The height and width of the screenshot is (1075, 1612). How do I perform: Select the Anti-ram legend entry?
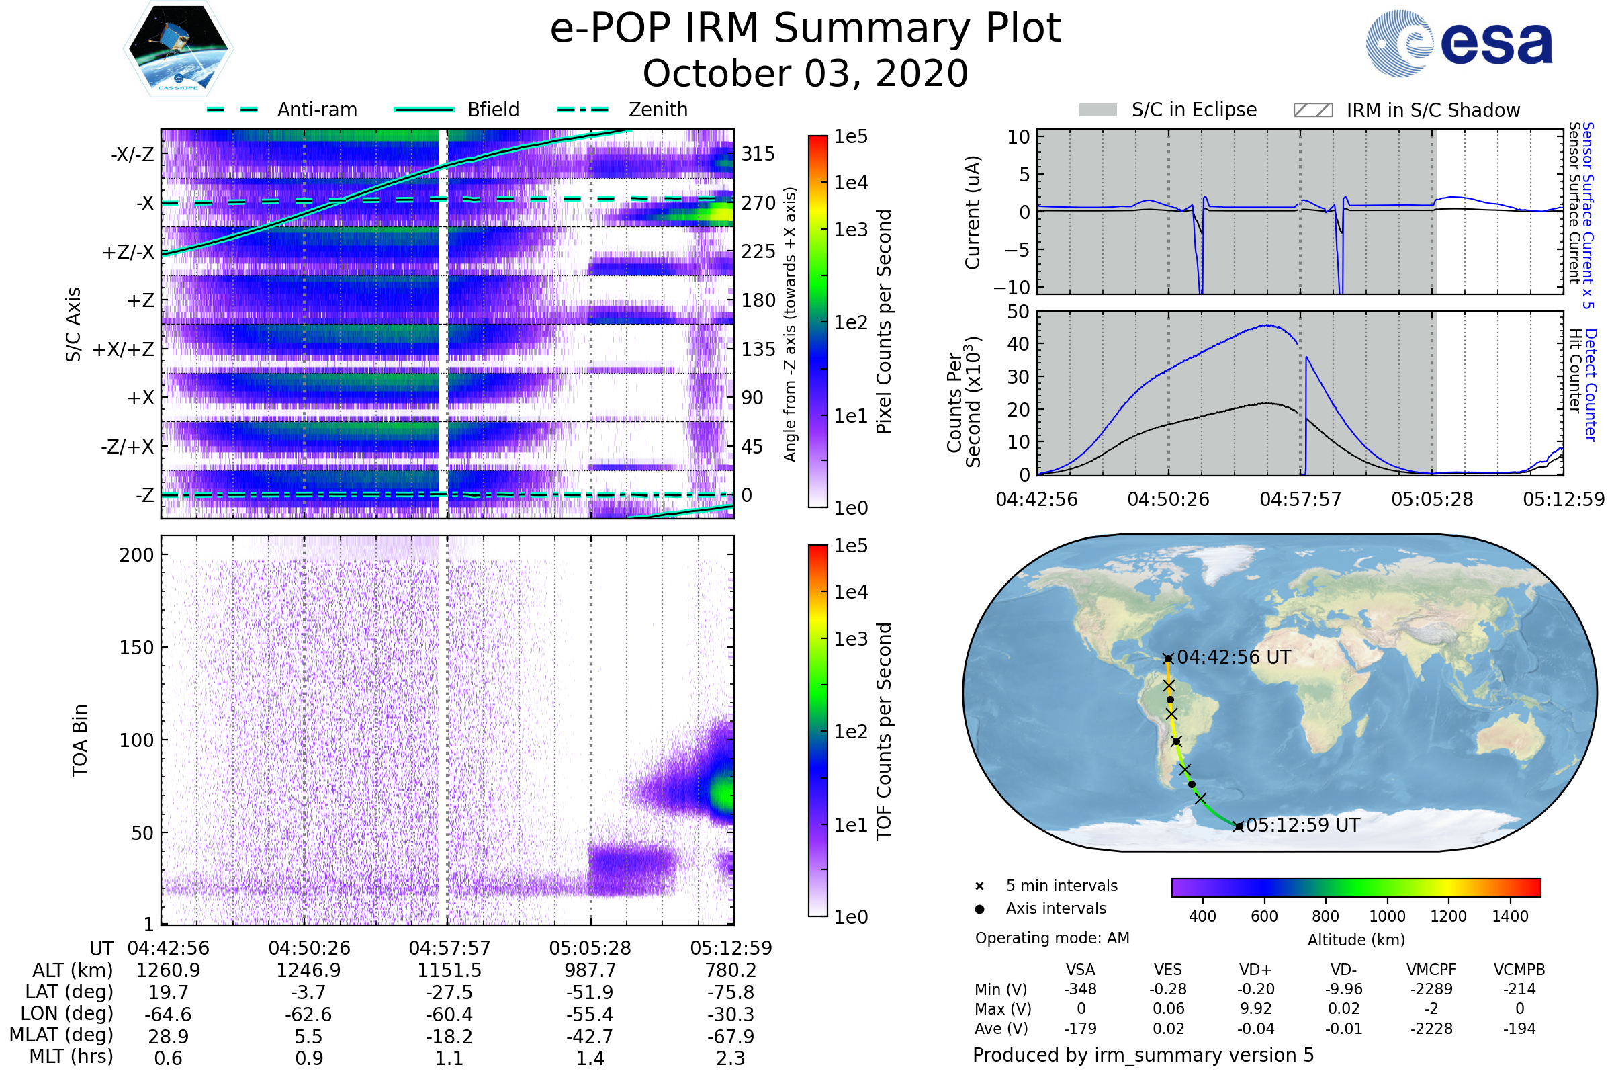[x=316, y=110]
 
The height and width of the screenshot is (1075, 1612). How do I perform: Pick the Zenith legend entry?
[x=658, y=110]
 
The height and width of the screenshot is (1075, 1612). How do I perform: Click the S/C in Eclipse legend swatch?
[x=1098, y=110]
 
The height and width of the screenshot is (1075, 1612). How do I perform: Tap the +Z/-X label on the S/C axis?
[x=128, y=253]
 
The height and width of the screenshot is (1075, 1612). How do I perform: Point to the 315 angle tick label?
[x=758, y=154]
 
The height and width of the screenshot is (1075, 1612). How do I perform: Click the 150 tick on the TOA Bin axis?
[x=136, y=648]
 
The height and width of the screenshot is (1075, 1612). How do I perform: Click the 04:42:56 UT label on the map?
[x=1234, y=658]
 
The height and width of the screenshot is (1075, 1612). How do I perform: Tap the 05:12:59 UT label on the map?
[x=1303, y=826]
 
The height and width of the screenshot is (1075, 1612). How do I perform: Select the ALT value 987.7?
[x=590, y=971]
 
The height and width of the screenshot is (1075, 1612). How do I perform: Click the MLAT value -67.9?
[x=731, y=1037]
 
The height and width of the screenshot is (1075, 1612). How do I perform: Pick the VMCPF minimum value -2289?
[x=1431, y=989]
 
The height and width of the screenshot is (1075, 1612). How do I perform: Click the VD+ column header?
[x=1255, y=970]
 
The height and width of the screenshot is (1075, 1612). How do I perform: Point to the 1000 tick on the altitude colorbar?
[x=1387, y=916]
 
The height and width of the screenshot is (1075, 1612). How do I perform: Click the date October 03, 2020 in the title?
[x=805, y=73]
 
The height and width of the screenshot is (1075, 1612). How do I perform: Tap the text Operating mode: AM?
[x=1052, y=938]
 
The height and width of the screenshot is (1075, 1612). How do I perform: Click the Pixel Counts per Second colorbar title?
[x=884, y=322]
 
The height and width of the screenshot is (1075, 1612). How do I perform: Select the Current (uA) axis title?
[x=973, y=212]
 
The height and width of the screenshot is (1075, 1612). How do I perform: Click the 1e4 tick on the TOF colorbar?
[x=850, y=592]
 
